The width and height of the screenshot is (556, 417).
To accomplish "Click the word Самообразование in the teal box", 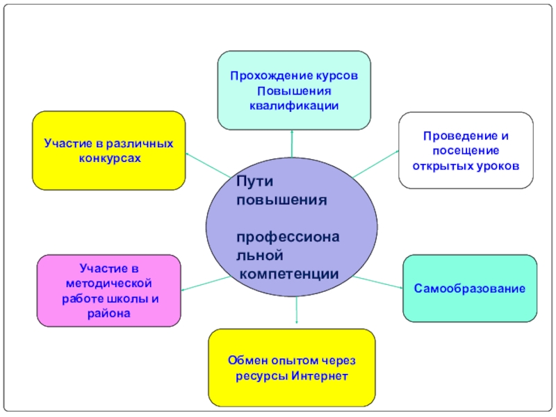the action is click(470, 288).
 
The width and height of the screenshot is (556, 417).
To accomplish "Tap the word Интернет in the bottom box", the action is click(319, 376).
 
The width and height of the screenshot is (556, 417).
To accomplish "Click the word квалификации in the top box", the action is click(294, 106).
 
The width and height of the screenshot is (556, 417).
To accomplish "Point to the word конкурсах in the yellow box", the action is click(109, 158).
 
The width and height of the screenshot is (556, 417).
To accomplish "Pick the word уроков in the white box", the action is click(498, 167).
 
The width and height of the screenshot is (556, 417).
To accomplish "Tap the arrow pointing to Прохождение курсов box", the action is click(292, 142).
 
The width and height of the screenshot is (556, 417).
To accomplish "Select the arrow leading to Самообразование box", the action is click(379, 281).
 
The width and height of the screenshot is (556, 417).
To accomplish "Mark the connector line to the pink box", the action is click(206, 282).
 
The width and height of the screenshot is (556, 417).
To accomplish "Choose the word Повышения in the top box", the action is click(294, 90).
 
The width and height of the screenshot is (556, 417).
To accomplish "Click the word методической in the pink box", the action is click(108, 284).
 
